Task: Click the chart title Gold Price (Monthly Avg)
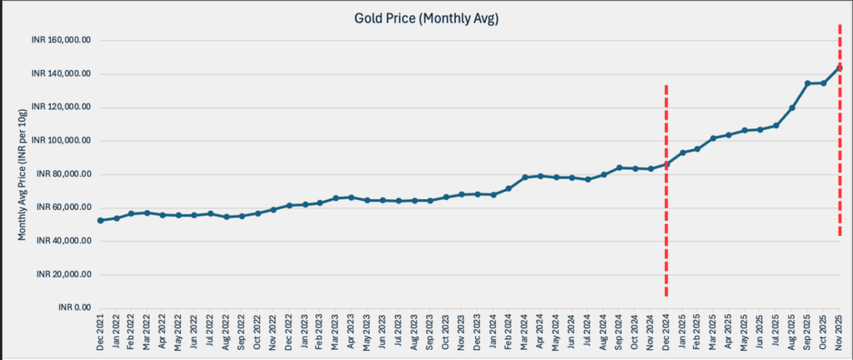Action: tap(426, 19)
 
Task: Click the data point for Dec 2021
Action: tap(100, 220)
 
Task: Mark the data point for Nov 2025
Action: tap(839, 67)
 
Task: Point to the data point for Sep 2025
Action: tap(807, 83)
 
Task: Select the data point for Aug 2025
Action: tap(791, 107)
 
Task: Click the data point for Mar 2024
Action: tap(525, 177)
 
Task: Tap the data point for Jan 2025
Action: tap(682, 152)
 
